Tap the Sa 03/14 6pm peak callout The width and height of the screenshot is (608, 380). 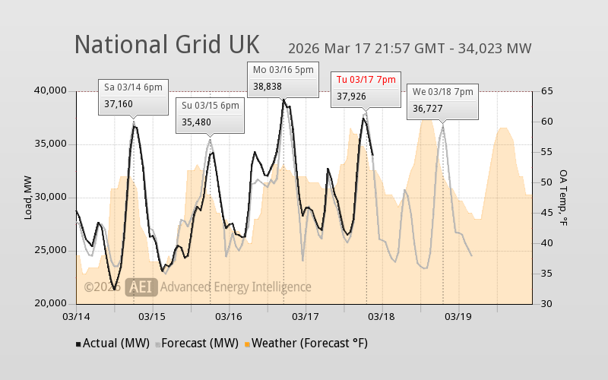(x=133, y=96)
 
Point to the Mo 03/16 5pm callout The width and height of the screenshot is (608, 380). (x=283, y=79)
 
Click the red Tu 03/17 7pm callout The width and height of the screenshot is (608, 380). (x=366, y=88)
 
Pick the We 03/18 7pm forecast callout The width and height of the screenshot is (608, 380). (x=442, y=101)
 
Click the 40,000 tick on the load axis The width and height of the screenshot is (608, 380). (x=51, y=91)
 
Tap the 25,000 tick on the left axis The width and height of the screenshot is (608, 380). (x=51, y=251)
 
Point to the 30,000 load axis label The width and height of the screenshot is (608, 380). (x=51, y=198)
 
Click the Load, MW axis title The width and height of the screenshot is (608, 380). (x=28, y=198)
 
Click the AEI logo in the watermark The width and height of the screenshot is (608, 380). (x=141, y=287)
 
